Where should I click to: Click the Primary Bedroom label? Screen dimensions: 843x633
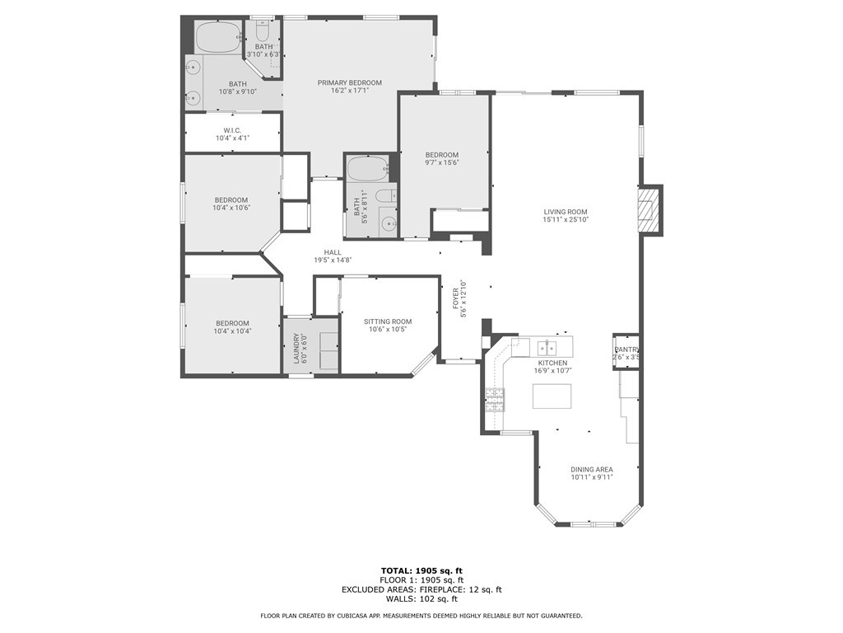[349, 83]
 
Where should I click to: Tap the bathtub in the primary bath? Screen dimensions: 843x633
[217, 36]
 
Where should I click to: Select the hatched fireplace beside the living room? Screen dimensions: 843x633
[650, 209]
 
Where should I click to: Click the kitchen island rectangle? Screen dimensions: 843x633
[552, 396]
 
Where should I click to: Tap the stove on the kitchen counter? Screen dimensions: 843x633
[495, 400]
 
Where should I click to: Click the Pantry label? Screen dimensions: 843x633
[626, 349]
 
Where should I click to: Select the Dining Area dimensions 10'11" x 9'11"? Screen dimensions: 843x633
[592, 477]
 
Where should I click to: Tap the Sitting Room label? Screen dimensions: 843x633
[388, 321]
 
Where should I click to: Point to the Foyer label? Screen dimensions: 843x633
[456, 298]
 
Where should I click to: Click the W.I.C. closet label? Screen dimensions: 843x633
[232, 130]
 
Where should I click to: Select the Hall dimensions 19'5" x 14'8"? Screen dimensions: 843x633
[333, 260]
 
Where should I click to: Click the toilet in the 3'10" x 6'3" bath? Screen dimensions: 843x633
[263, 32]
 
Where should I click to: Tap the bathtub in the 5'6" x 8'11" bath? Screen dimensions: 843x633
[368, 169]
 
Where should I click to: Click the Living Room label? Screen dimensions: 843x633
[566, 212]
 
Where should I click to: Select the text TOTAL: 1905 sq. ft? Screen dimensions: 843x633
[422, 570]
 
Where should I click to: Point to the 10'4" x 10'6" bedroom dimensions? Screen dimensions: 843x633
[232, 208]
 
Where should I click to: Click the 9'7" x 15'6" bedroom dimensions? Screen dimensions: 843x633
[442, 162]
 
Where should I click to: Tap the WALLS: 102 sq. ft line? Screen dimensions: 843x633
[422, 598]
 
